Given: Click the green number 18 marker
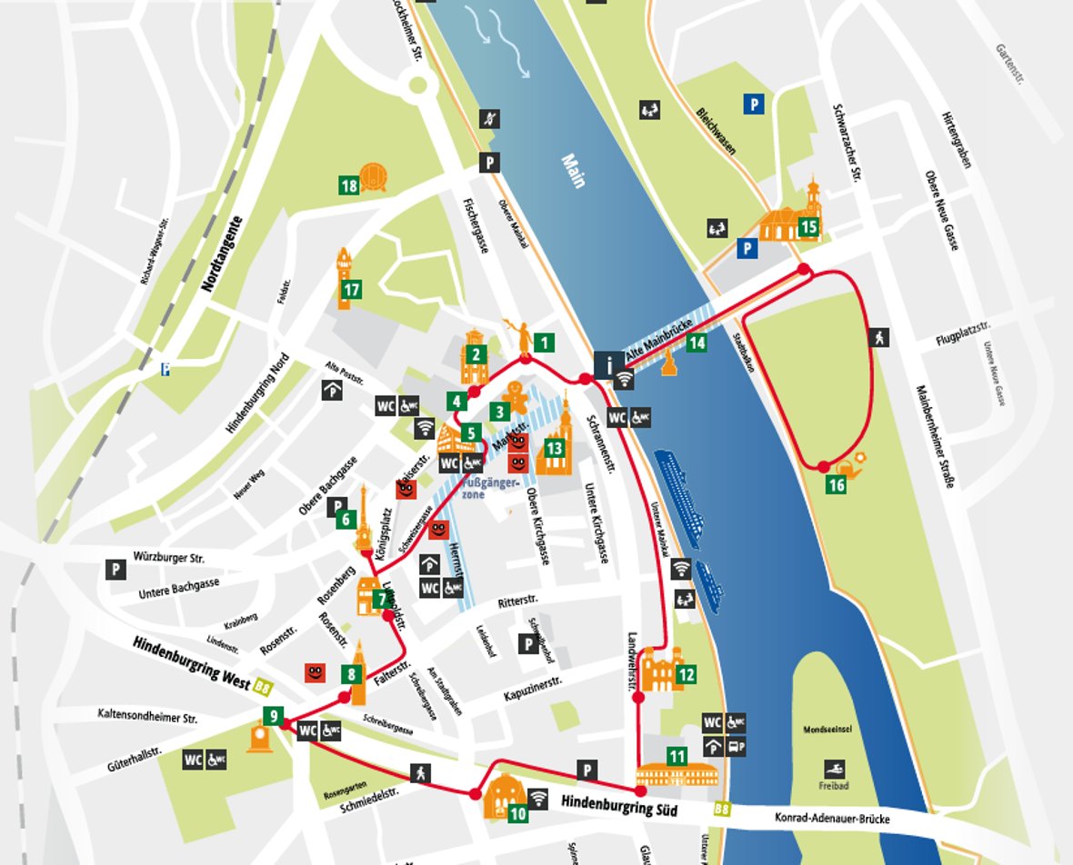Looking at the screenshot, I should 349,186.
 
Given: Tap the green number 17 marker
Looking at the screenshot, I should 351,290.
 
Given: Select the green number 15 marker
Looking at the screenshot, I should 807,226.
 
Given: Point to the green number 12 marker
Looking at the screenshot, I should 686,674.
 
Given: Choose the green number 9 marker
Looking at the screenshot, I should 274,716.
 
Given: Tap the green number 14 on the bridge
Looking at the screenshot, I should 697,343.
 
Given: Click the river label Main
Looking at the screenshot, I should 573,171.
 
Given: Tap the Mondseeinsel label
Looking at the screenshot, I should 827,730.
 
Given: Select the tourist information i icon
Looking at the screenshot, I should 607,366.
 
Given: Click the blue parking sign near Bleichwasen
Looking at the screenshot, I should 753,104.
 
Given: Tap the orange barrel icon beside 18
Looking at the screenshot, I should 374,178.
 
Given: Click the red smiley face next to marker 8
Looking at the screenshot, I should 315,673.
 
